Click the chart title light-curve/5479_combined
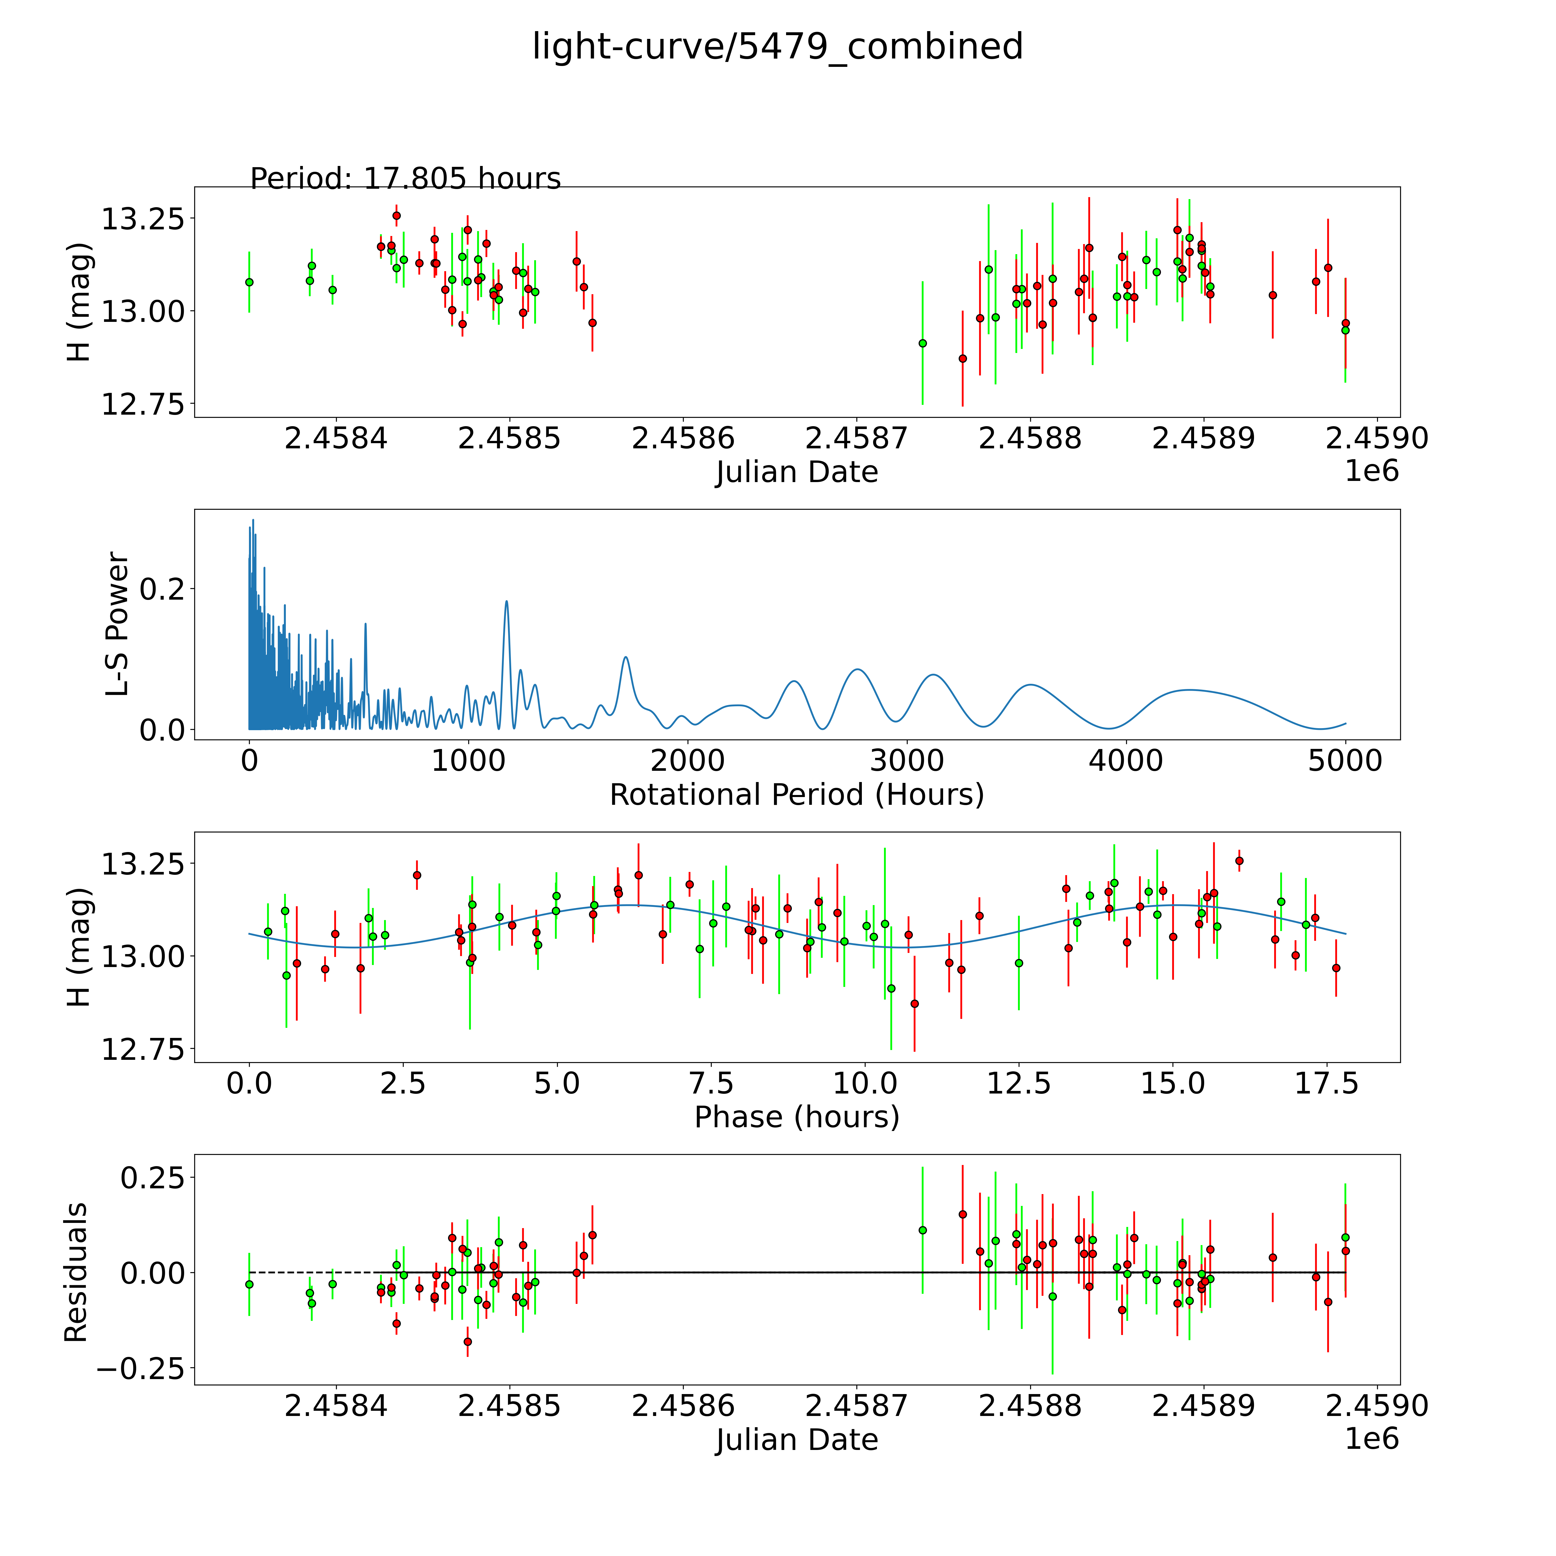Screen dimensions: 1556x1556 tap(777, 47)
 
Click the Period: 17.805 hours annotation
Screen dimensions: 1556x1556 tap(405, 178)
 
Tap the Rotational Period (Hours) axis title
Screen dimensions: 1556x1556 tap(796, 795)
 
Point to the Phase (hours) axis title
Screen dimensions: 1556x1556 tap(796, 1117)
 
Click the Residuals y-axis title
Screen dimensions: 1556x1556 tap(76, 1272)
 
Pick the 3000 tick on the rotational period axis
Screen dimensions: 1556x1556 tap(907, 760)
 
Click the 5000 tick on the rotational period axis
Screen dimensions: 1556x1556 tap(1345, 760)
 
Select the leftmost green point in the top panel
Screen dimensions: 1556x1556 tap(249, 282)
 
